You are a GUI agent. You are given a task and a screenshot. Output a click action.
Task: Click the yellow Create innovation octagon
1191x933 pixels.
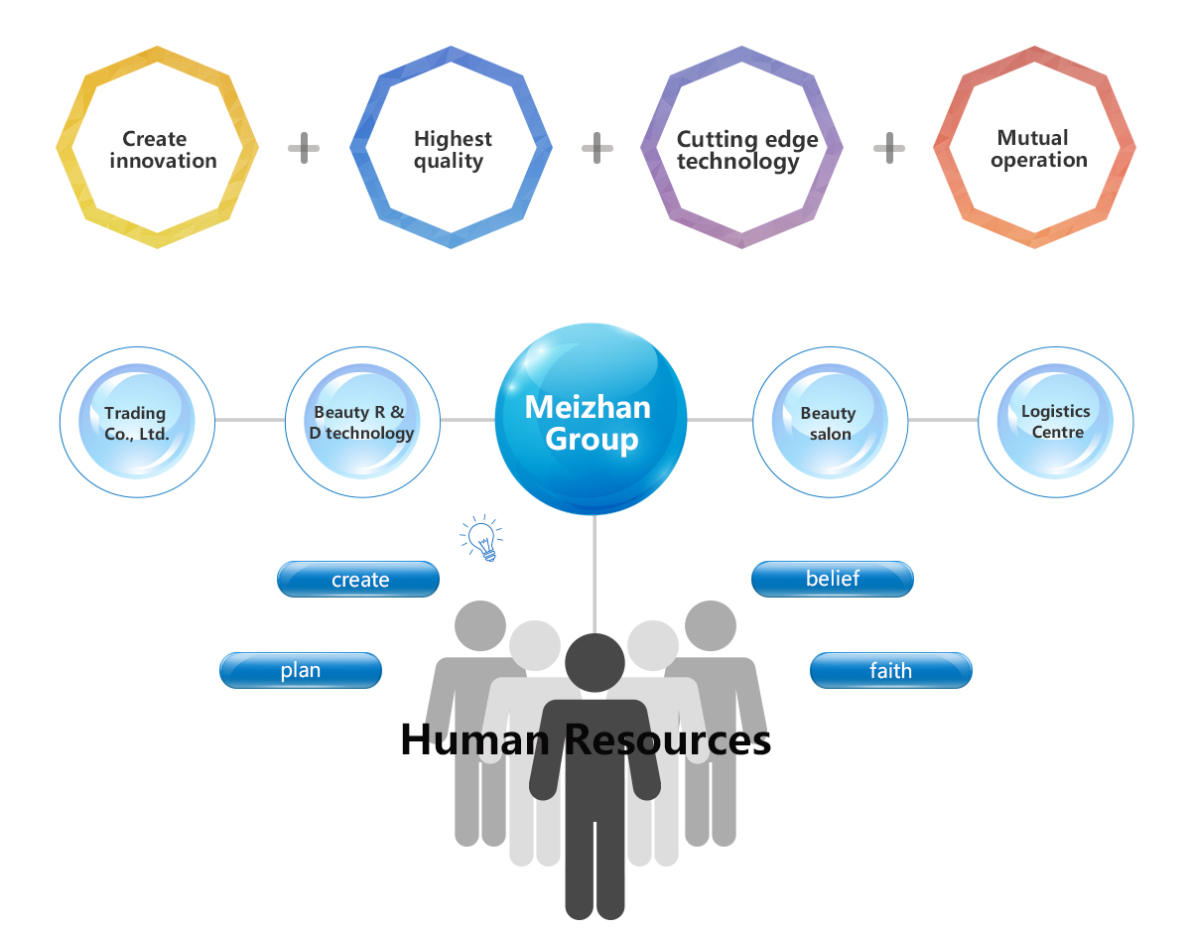pos(158,149)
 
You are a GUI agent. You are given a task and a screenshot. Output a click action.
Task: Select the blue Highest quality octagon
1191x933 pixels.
pos(452,149)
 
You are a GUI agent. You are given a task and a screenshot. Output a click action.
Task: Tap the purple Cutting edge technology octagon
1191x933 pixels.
pos(742,149)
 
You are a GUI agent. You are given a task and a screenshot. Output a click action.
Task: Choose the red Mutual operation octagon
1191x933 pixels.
pos(1035,149)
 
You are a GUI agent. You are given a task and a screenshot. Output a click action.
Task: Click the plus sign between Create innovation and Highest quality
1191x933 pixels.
pos(304,150)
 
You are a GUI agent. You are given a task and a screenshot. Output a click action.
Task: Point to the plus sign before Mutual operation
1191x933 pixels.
pos(889,150)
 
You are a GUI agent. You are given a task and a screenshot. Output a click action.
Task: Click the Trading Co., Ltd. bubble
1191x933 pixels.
pos(137,422)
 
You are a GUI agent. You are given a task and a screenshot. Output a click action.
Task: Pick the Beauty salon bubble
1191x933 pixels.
pos(830,422)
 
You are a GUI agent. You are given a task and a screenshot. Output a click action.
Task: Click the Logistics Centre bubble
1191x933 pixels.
pos(1056,421)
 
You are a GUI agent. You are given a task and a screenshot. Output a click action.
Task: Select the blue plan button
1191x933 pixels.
pos(301,670)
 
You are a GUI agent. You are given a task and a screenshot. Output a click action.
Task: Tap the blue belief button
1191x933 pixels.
pos(832,579)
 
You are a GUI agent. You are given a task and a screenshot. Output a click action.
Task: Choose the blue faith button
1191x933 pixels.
pos(890,670)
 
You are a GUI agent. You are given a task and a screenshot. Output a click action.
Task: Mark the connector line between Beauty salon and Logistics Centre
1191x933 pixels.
pos(943,420)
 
